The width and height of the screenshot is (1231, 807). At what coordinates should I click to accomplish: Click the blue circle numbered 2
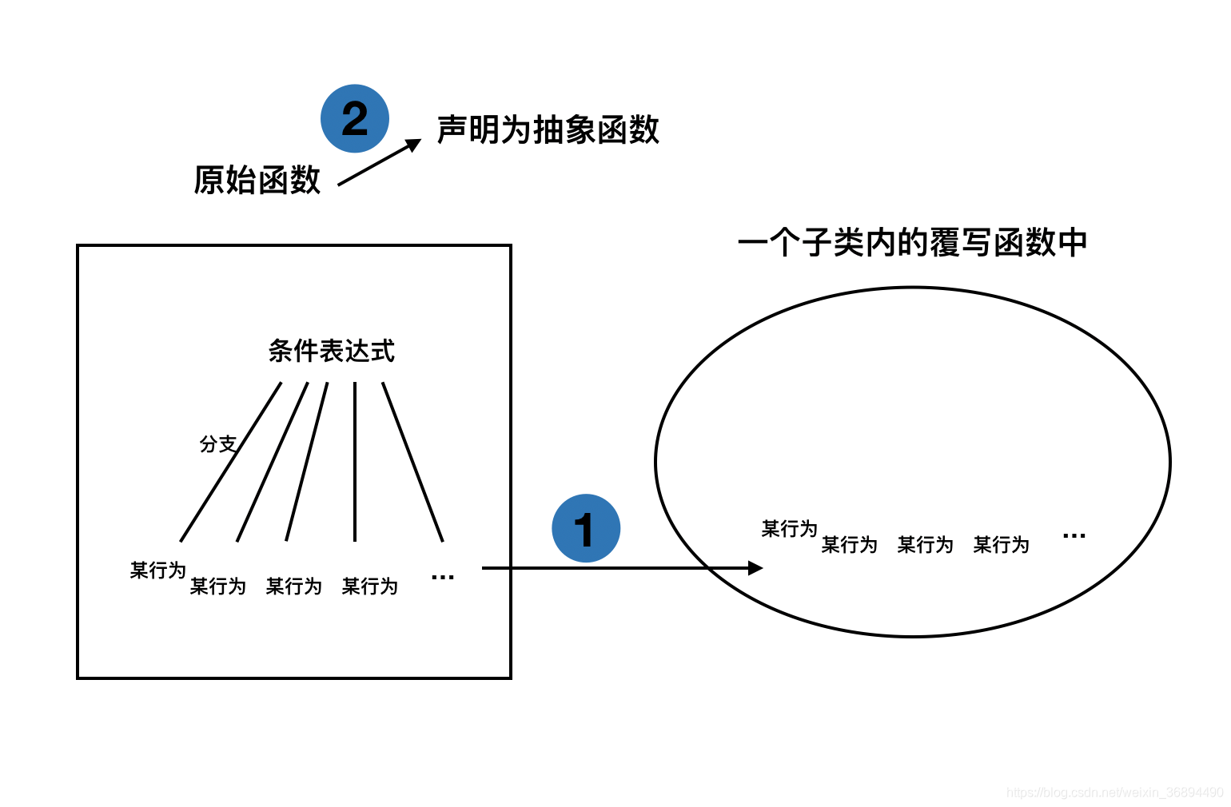(x=355, y=118)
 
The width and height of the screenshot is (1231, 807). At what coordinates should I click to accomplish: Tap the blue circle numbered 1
(x=586, y=528)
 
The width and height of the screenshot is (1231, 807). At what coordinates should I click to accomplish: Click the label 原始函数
(x=257, y=180)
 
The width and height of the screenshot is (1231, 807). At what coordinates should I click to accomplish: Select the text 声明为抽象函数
(x=548, y=129)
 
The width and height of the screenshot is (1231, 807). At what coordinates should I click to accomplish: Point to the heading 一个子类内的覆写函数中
(x=912, y=242)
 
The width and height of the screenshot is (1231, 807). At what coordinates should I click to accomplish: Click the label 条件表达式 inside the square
(x=331, y=350)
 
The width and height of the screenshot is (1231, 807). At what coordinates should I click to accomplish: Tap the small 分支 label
(x=217, y=443)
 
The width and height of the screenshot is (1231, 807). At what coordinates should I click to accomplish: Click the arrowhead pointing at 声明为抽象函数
(x=413, y=144)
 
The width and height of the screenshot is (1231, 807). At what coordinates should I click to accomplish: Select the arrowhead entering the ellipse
(x=755, y=568)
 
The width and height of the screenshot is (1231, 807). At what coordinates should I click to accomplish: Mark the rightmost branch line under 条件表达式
(x=412, y=462)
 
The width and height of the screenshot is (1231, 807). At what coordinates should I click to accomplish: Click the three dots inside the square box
(x=442, y=577)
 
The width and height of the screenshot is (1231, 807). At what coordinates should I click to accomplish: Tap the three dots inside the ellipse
(x=1074, y=535)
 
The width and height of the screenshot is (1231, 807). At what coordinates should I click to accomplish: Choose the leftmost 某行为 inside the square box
(x=157, y=570)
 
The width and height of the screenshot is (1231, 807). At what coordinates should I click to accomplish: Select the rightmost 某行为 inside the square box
(x=369, y=586)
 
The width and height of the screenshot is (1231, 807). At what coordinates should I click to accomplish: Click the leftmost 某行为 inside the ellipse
(x=789, y=528)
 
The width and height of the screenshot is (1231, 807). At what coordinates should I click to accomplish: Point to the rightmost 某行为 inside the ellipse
(x=1001, y=545)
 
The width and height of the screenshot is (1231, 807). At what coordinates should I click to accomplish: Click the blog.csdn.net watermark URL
(x=1114, y=793)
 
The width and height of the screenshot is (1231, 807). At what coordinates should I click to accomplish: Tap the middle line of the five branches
(x=307, y=462)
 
